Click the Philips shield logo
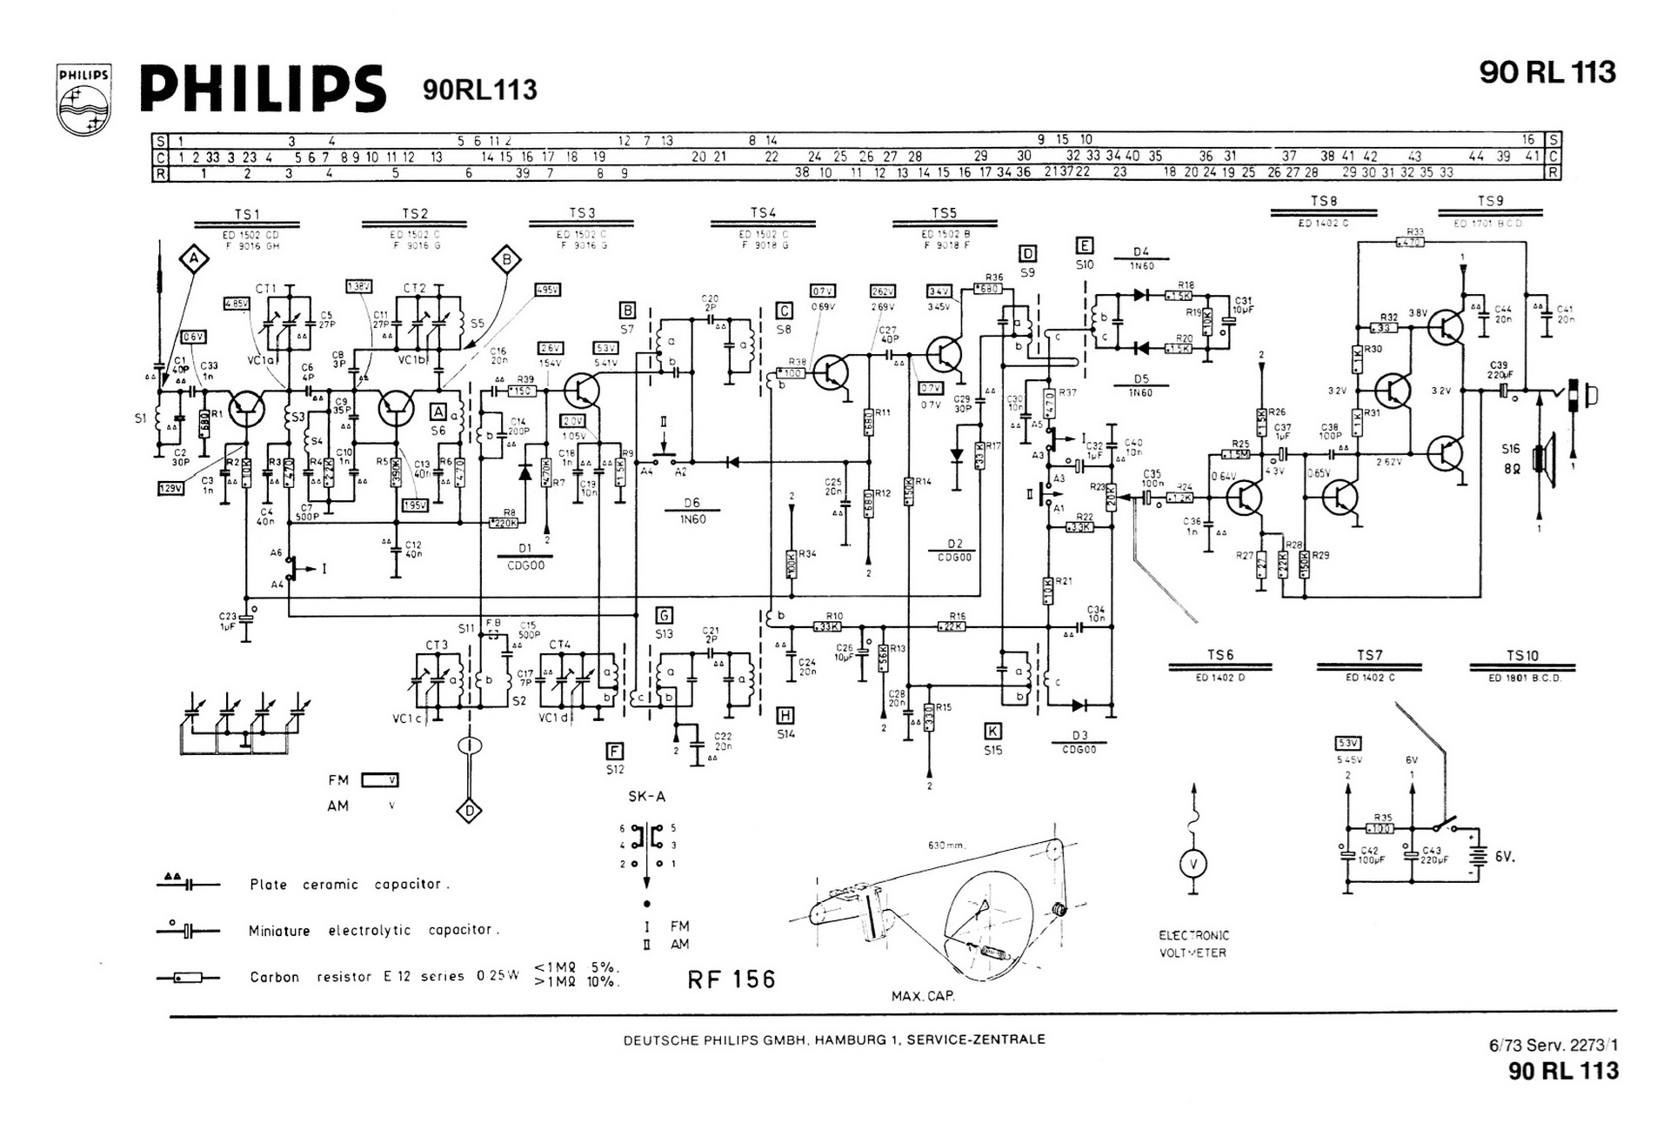83,99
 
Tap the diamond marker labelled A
195,258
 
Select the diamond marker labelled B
506,258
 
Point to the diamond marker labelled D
470,811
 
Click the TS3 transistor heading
582,213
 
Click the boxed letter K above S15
992,731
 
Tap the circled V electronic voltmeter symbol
1193,863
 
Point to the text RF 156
731,980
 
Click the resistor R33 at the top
1410,242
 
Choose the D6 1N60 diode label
692,511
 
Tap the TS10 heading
1522,656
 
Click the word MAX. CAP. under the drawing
923,996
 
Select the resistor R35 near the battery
1382,828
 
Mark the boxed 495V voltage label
548,290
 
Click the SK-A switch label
646,796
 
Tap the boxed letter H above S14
785,715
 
